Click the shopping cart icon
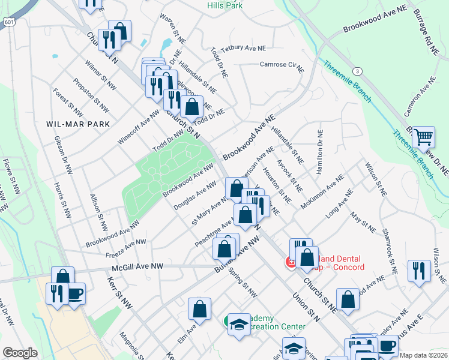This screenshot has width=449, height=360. coord(423,137)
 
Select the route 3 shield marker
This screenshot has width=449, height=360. coord(358,71)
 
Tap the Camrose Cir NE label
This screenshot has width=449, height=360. coord(280,64)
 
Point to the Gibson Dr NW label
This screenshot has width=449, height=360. coord(61,147)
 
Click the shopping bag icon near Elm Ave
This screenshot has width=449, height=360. coord(199,310)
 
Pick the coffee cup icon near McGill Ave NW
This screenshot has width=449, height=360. coord(74,293)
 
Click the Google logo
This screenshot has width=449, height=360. coord(20,353)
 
